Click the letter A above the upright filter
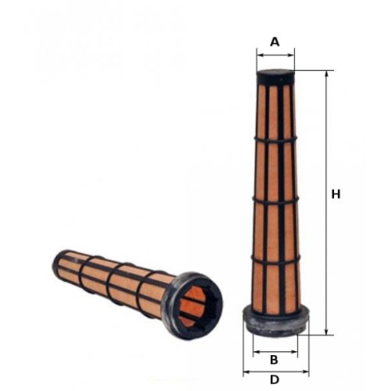[275, 42]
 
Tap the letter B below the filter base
[274, 360]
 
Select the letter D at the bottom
[274, 380]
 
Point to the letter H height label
[336, 194]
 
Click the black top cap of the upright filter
[275, 77]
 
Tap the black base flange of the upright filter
[275, 320]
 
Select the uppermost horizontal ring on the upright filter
[275, 140]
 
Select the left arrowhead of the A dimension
[259, 55]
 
